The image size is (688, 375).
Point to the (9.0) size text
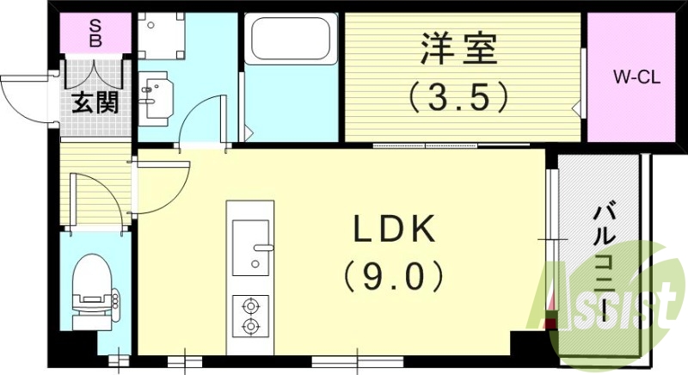396,277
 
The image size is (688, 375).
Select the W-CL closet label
636,78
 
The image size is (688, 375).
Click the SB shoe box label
96,33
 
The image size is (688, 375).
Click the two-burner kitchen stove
250,315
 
